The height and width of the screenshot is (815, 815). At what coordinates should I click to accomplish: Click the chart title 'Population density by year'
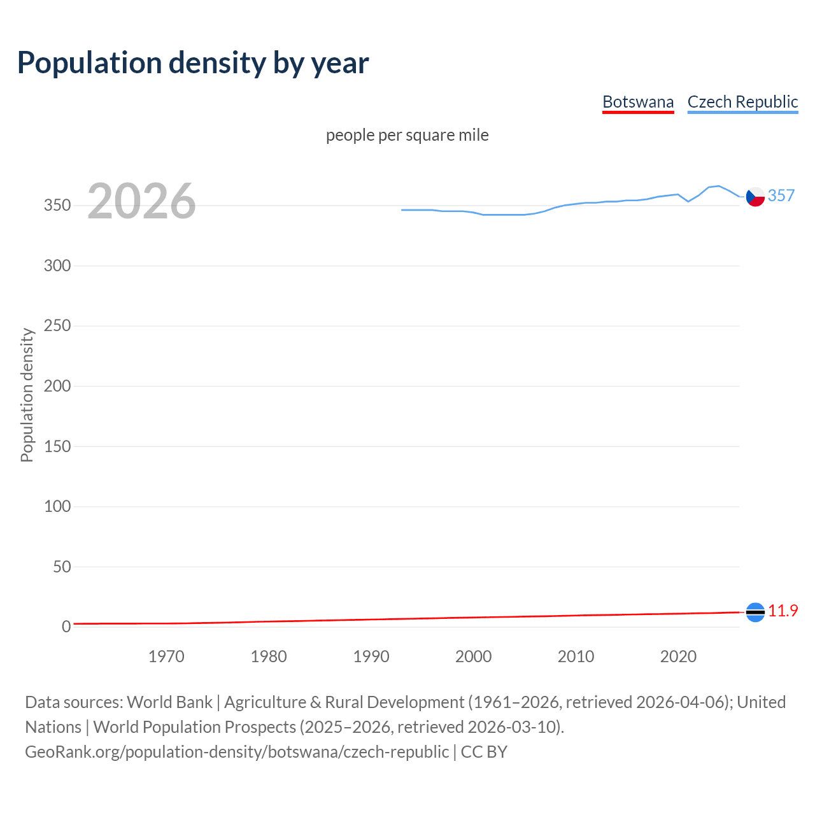click(x=193, y=63)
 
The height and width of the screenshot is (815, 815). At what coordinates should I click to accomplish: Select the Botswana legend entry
click(x=638, y=102)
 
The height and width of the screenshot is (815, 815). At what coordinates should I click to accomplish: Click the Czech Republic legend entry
click(x=742, y=102)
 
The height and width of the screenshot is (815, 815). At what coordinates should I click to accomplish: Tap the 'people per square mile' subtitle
click(x=407, y=135)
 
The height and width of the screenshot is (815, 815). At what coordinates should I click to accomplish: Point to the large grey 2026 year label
click(x=141, y=201)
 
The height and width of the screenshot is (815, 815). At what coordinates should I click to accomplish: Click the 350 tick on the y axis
click(x=57, y=206)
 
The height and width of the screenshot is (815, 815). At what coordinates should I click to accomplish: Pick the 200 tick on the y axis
click(x=57, y=386)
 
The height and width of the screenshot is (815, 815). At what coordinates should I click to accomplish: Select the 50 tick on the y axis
click(x=62, y=567)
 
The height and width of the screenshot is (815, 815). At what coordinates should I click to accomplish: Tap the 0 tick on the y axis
click(x=66, y=627)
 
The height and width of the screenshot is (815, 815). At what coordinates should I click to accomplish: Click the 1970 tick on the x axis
click(x=166, y=656)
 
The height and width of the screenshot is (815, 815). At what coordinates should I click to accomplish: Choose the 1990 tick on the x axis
click(x=371, y=656)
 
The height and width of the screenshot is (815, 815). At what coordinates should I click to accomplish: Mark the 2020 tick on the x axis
click(x=678, y=656)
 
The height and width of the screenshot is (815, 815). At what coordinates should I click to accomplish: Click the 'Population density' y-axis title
click(x=27, y=395)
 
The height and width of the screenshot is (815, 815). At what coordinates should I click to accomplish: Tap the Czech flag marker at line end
click(x=755, y=197)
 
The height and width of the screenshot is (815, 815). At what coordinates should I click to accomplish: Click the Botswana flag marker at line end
click(x=755, y=612)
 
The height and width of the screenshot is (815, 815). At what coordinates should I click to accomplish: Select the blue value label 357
click(x=781, y=195)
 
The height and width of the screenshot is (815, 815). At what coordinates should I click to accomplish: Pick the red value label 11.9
click(x=783, y=611)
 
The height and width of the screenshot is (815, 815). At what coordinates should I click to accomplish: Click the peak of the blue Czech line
click(x=719, y=186)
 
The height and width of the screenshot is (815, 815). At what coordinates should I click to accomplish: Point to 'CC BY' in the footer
click(x=484, y=752)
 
